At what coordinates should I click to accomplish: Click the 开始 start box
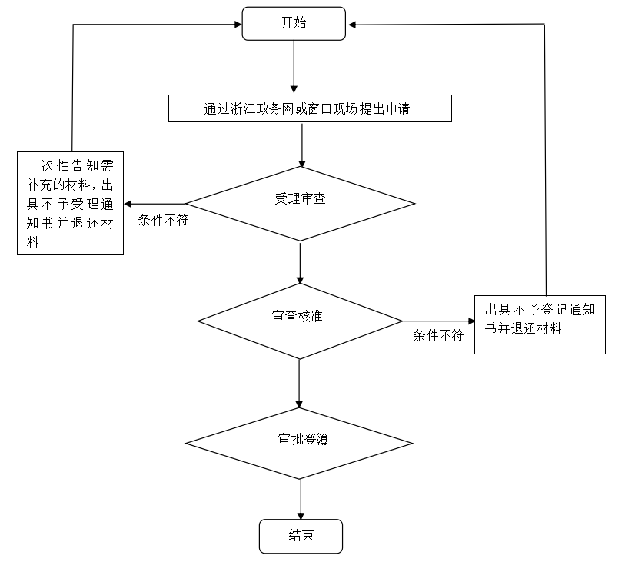(294, 24)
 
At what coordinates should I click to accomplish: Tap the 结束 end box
(301, 536)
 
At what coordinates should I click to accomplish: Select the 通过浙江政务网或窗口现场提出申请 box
(310, 108)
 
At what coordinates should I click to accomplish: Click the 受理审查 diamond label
(300, 198)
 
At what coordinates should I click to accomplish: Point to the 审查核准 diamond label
(298, 316)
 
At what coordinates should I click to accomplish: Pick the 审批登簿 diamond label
(303, 439)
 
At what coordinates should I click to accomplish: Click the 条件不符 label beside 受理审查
(164, 220)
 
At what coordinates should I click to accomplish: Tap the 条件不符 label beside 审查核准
(438, 335)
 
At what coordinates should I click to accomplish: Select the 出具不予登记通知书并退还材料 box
(540, 324)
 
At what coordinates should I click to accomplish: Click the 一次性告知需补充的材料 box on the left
(70, 203)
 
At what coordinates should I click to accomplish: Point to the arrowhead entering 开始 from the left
(238, 25)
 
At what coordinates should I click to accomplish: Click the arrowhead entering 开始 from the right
(352, 25)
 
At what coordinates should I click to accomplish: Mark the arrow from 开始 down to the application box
(294, 67)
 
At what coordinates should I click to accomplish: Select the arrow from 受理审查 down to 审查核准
(300, 262)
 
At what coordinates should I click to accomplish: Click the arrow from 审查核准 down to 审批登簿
(299, 384)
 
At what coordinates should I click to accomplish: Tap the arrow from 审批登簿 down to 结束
(301, 499)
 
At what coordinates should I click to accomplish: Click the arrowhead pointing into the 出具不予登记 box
(471, 321)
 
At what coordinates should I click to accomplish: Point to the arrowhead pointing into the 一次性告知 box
(128, 204)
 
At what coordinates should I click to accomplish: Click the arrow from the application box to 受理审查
(302, 145)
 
